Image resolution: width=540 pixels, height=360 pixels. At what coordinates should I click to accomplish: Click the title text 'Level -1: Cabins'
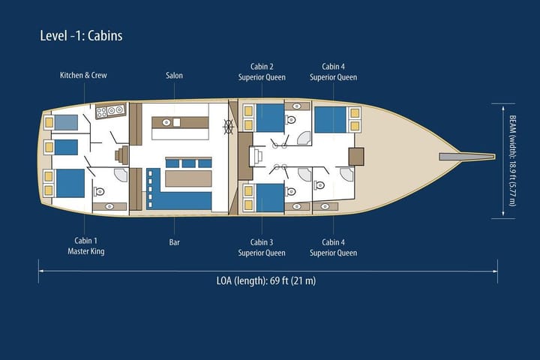click(81, 36)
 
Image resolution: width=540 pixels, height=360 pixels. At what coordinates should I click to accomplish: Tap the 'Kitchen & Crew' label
click(83, 76)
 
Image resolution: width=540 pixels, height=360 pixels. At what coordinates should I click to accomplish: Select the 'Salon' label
click(174, 76)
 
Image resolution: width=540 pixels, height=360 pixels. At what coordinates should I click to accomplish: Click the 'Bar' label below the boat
click(174, 242)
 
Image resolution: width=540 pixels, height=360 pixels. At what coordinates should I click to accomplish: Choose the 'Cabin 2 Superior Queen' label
click(262, 71)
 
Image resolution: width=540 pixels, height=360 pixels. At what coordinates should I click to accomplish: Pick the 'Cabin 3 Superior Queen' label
click(262, 247)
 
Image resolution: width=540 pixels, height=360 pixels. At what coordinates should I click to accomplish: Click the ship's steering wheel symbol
click(228, 127)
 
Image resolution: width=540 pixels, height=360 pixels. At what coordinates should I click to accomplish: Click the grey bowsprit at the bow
click(466, 157)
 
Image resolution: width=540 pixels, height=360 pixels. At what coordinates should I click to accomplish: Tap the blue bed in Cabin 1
click(70, 183)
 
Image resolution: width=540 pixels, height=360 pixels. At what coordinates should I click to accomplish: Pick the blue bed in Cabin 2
click(270, 118)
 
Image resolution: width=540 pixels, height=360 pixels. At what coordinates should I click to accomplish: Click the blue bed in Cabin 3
click(270, 197)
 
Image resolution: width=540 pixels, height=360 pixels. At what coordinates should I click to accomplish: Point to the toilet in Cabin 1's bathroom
click(99, 191)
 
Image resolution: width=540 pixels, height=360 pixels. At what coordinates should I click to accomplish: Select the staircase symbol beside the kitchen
click(120, 156)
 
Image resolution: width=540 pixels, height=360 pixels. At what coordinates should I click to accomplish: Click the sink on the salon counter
click(177, 122)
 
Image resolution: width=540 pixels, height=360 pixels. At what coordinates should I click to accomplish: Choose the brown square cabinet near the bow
click(355, 157)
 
